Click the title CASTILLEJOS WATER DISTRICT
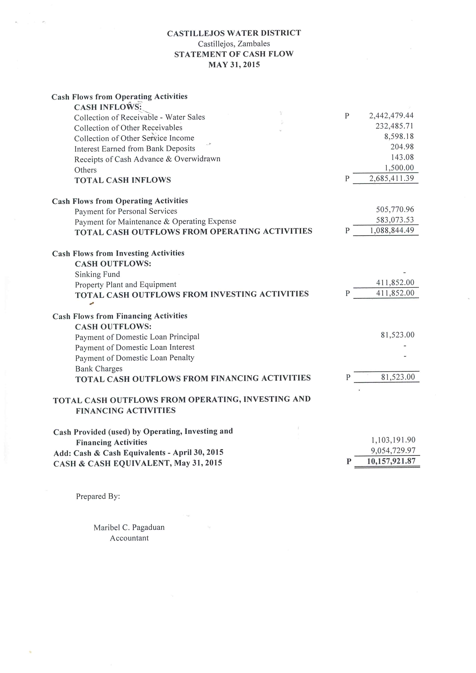(x=234, y=33)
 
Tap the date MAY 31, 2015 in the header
(x=234, y=65)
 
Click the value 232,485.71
(x=394, y=126)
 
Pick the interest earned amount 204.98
(x=402, y=147)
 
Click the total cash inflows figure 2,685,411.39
(x=392, y=178)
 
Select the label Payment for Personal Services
(x=126, y=211)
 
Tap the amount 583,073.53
(x=395, y=220)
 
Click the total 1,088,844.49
(x=392, y=230)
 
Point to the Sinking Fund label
(x=97, y=274)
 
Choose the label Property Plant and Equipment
(x=126, y=285)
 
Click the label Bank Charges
(x=99, y=369)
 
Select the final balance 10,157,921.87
(x=391, y=461)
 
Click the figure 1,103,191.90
(x=393, y=440)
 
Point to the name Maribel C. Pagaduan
(x=129, y=528)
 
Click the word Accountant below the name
(x=129, y=538)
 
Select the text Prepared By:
(x=98, y=496)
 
